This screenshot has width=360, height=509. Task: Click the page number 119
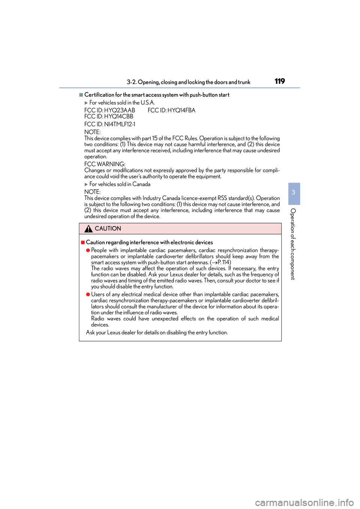[x=279, y=81]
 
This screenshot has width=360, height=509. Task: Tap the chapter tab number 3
[x=294, y=192]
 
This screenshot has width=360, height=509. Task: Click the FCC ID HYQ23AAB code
[x=109, y=110]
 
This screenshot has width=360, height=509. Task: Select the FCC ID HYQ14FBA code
[x=171, y=110]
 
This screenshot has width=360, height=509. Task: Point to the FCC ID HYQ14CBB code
[x=109, y=117]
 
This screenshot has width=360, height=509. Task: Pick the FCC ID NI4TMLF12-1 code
[x=110, y=124]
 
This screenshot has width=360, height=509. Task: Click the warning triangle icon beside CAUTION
[x=88, y=229]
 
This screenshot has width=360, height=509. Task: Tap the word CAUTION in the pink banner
[x=108, y=229]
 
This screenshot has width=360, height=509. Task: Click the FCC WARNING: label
[x=105, y=164]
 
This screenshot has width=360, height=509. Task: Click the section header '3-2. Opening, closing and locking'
[x=188, y=82]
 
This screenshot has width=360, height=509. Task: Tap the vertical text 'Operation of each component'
[x=293, y=244]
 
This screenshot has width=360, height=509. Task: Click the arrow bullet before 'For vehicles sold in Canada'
[x=86, y=184]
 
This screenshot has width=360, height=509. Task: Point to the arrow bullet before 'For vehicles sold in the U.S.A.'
[x=86, y=103]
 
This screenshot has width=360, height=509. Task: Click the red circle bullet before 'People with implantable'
[x=88, y=250]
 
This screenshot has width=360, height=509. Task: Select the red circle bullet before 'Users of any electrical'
[x=88, y=295]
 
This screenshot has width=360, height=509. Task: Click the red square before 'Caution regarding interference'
[x=83, y=243]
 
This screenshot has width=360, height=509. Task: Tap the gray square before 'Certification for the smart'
[x=81, y=95]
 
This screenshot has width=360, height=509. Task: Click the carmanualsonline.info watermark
[x=304, y=502]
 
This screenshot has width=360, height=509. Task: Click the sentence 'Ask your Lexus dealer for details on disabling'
[x=157, y=332]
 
